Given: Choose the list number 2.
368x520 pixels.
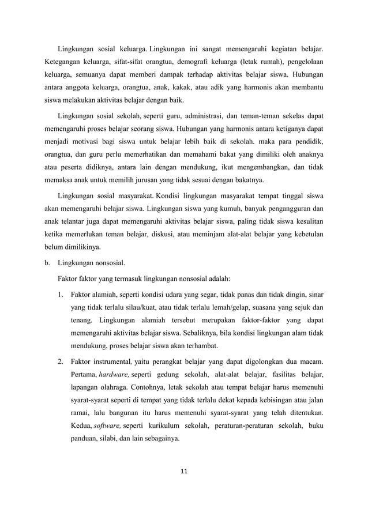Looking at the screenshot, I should [x=61, y=361].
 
